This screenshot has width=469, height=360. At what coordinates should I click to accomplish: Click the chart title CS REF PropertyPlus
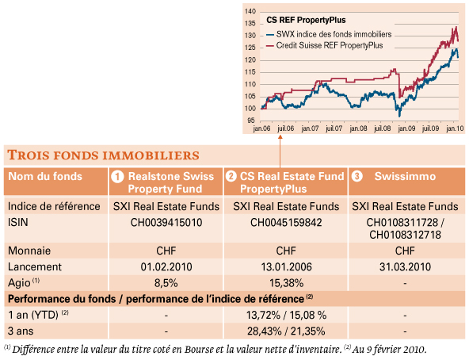pos(306,20)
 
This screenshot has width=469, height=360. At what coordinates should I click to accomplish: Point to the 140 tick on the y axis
pos(250,11)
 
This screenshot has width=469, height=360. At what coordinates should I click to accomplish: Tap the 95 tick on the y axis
pos(251,121)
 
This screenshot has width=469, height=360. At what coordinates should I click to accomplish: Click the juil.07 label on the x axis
pos(334,128)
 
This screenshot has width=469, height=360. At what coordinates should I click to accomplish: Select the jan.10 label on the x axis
pos(455,128)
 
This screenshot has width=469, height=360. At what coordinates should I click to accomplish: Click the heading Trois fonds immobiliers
pos(103,155)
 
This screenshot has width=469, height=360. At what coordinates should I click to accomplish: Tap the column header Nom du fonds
pos(45,176)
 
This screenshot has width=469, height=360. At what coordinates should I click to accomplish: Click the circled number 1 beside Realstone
pos(117,176)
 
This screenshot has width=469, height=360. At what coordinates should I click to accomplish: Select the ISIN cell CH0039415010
pos(166,223)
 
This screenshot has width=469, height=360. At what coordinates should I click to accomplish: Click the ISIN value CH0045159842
pos(286,223)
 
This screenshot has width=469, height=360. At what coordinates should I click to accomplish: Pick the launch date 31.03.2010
pos(405,267)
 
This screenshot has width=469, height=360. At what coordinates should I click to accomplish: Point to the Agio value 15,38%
pos(286,283)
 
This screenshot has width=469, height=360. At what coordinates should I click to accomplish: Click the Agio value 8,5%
pos(166,283)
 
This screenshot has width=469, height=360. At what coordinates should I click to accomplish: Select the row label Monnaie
pos(29,251)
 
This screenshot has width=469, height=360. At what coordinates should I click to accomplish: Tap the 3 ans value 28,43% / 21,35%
pos(286,331)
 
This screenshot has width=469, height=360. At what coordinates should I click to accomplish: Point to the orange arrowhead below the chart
pos(280,137)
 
